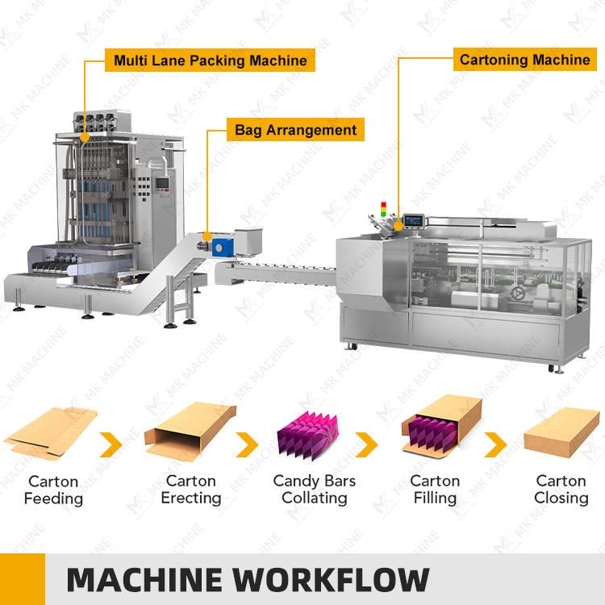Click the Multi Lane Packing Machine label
[x=211, y=60]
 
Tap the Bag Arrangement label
[x=294, y=129]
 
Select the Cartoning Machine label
[x=524, y=60]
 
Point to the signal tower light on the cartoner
[x=385, y=209]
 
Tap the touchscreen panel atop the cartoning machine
[x=415, y=219]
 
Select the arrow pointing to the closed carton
[x=495, y=443]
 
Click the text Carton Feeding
[x=53, y=490]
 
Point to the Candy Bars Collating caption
[x=314, y=489]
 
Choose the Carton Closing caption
[x=561, y=490]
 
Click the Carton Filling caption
[x=436, y=490]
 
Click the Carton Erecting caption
[x=190, y=490]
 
